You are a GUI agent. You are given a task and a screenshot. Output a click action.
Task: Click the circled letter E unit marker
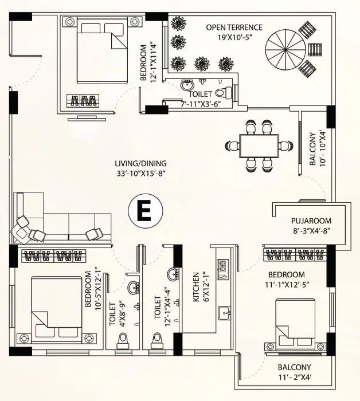point(143,211)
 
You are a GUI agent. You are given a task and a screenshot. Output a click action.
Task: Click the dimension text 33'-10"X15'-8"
point(141,172)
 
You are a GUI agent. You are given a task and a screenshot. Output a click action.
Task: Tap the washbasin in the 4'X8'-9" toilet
point(132,287)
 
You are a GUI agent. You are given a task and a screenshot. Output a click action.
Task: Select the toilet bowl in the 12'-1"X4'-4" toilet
point(157,340)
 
